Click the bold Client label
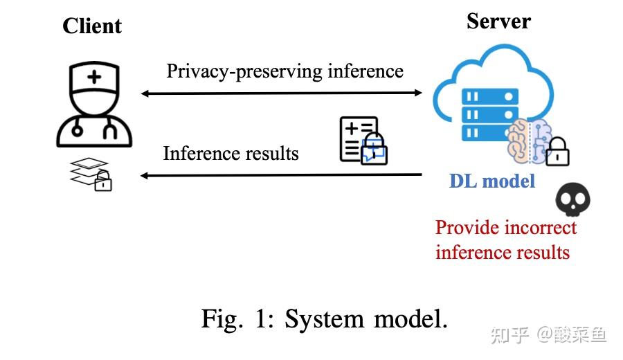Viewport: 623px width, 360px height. (x=91, y=26)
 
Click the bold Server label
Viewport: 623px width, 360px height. (x=498, y=21)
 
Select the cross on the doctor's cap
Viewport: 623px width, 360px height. (x=92, y=77)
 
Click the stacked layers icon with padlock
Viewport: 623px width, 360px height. (x=91, y=174)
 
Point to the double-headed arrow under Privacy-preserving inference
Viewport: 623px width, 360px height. (x=282, y=93)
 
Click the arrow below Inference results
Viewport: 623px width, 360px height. (x=282, y=175)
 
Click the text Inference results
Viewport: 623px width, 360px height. (x=231, y=152)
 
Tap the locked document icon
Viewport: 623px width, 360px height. (x=362, y=141)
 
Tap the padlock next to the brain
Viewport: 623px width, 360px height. (x=557, y=152)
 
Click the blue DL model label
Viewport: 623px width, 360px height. (x=492, y=181)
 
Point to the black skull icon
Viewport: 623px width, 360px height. (x=573, y=201)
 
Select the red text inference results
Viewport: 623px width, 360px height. (x=503, y=252)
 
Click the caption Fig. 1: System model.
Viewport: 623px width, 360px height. (x=324, y=318)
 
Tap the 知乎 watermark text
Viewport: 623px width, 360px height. (x=510, y=335)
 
